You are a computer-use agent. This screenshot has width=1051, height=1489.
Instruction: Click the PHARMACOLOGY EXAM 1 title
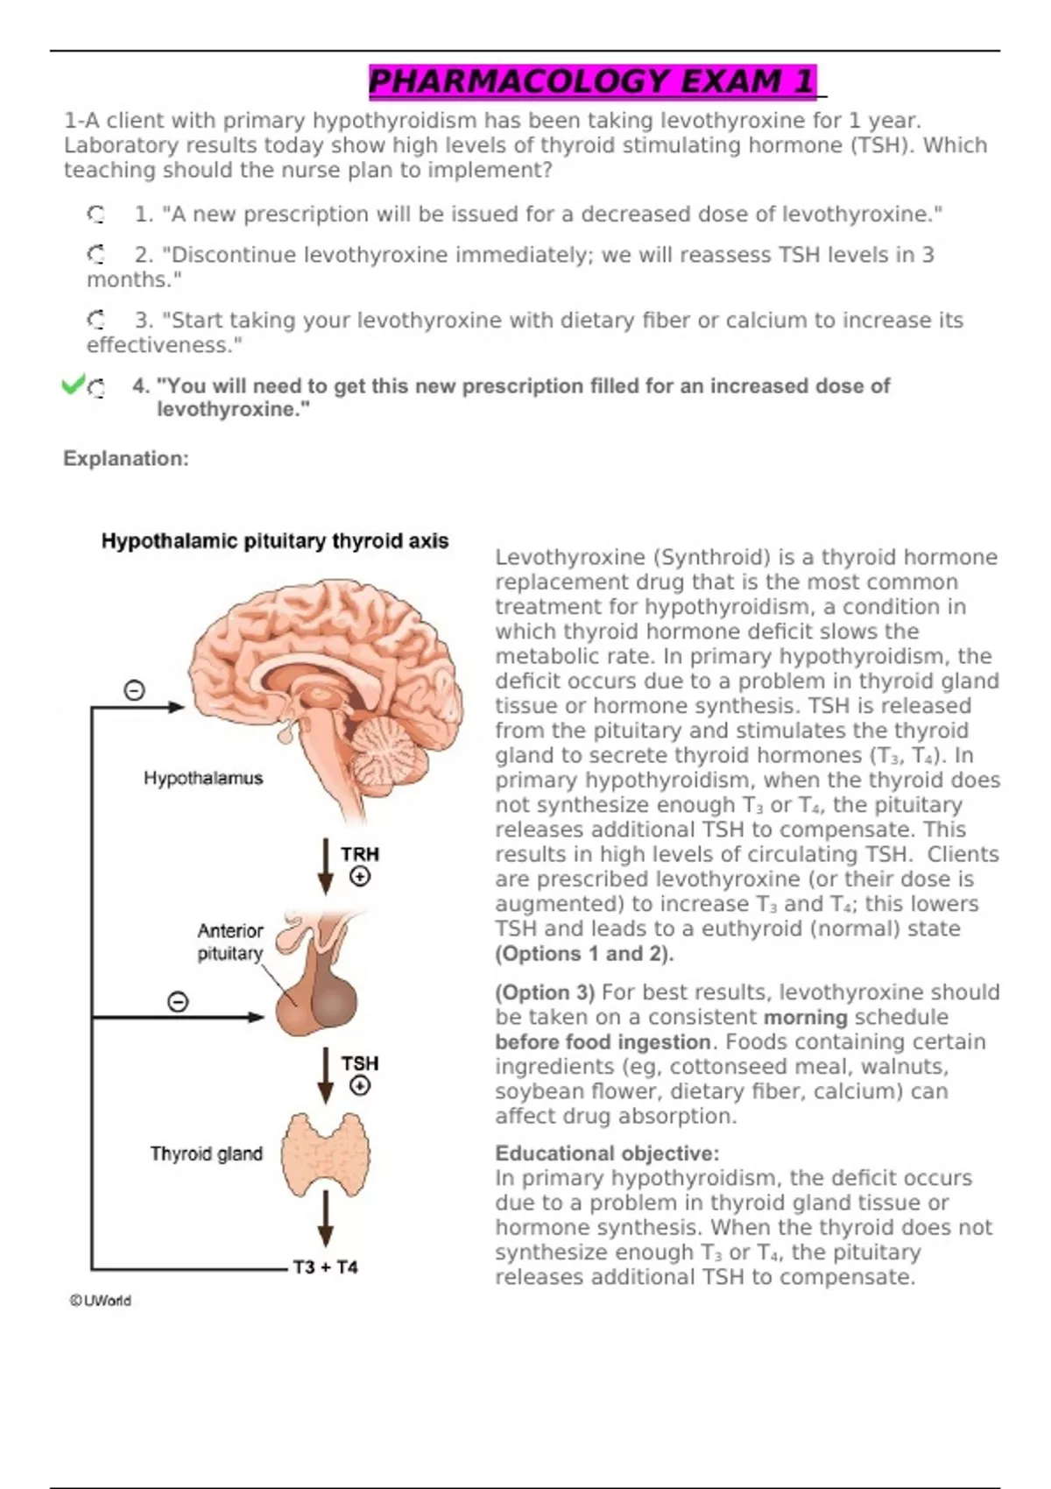[592, 81]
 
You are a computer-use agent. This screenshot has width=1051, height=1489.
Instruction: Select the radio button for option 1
[95, 214]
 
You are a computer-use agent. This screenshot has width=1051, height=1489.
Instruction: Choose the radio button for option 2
[95, 255]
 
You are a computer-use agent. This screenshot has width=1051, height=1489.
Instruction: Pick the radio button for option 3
[95, 320]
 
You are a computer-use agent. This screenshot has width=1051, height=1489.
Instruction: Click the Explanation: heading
[126, 458]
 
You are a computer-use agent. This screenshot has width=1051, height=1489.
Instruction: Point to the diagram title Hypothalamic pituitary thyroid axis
[274, 541]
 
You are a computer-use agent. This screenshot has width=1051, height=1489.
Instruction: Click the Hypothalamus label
[203, 778]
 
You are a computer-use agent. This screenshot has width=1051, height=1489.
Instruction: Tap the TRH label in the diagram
[360, 853]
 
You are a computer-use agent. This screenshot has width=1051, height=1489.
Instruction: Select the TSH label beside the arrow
[360, 1062]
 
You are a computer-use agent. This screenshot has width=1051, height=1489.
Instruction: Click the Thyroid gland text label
[206, 1154]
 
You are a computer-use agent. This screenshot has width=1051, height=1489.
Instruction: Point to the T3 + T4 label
[325, 1267]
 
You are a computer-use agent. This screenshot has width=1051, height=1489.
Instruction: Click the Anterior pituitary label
[229, 942]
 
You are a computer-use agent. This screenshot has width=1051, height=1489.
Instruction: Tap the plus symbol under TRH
[360, 876]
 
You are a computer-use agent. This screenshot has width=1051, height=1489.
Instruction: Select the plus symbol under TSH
[360, 1086]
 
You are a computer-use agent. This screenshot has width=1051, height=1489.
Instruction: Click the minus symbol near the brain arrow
[134, 691]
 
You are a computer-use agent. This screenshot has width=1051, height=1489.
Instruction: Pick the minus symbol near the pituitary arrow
[178, 1001]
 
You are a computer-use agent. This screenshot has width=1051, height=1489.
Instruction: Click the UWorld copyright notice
[101, 1301]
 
